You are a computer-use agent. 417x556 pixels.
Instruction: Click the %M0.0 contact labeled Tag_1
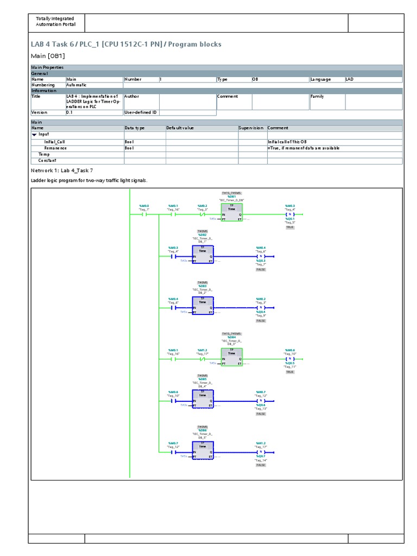tap(144, 214)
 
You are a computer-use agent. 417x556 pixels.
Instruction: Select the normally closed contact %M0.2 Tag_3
tap(202, 214)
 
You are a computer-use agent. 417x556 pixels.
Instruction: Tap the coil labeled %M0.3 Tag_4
tap(289, 214)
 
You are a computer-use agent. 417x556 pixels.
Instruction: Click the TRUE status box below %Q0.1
tap(289, 227)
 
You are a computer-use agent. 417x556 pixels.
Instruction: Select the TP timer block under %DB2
tap(202, 255)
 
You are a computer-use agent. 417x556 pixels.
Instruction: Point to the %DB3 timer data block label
tap(202, 286)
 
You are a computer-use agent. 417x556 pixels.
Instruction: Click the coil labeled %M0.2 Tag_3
tap(261, 307)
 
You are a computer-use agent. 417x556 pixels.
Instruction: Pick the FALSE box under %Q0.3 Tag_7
tap(261, 269)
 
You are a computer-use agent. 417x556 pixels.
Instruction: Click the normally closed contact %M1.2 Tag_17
tap(202, 359)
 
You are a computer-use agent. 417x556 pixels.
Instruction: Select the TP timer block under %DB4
tap(231, 357)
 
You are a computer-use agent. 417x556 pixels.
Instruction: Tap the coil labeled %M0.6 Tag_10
tap(289, 359)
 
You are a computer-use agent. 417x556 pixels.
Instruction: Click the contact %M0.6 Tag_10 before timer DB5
tap(173, 401)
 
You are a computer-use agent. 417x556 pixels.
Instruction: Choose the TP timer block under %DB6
tap(202, 449)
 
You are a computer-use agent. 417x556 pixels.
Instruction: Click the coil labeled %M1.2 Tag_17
tap(261, 451)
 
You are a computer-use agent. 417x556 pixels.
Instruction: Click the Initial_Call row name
tap(54, 142)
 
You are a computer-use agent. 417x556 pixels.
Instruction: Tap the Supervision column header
tap(252, 128)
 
